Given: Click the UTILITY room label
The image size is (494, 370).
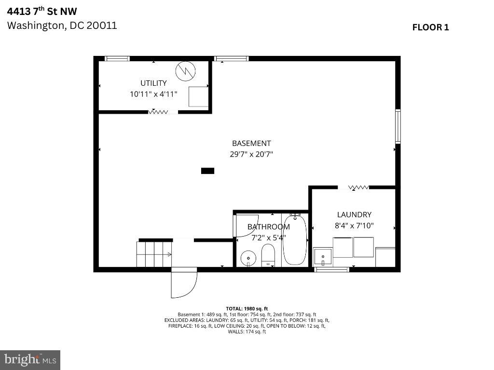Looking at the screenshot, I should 153,83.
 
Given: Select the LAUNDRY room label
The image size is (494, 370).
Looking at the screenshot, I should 354,214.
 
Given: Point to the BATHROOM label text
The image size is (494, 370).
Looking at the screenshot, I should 269,226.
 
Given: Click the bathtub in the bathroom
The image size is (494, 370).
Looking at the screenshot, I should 294,239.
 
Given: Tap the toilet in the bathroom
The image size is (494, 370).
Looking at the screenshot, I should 268,254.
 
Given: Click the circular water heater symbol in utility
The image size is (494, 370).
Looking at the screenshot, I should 185,71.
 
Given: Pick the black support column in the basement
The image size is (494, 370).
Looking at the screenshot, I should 207,171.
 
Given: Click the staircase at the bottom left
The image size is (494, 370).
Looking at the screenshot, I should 154,254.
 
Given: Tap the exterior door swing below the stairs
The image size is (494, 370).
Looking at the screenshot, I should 183,283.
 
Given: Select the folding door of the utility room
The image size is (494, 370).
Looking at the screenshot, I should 158,112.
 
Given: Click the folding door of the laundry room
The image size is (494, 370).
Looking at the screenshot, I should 358,187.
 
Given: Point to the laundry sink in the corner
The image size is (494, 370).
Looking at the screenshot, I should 323,256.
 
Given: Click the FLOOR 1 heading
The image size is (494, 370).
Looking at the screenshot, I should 430,27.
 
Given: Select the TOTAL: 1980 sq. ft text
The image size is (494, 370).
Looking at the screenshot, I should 247,308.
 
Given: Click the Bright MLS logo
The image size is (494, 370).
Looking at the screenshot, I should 30,359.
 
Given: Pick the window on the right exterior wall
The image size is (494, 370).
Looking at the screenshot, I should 398,127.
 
